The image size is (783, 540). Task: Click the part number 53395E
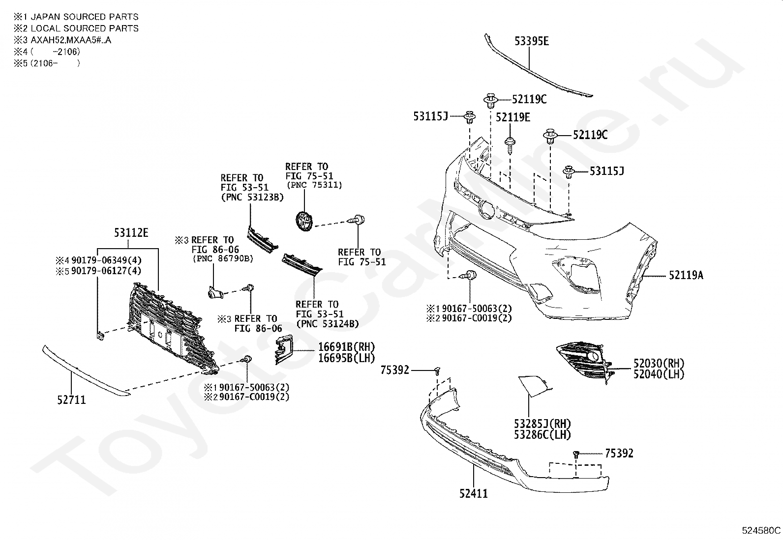(x=531, y=41)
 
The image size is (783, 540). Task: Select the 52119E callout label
(x=513, y=117)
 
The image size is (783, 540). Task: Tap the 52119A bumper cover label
(x=686, y=275)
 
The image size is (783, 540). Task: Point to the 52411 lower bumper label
(x=473, y=493)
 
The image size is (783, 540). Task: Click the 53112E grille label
(x=131, y=232)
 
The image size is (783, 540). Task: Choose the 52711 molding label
(x=71, y=400)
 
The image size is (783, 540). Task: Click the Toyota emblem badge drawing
(x=304, y=221)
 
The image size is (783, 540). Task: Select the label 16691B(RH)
(x=346, y=347)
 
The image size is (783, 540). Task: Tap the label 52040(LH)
(x=659, y=374)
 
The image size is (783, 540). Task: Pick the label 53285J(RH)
(x=542, y=424)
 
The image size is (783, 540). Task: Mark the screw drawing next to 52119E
(x=510, y=145)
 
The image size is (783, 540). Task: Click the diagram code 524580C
(x=761, y=531)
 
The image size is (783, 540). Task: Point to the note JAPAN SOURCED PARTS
(x=85, y=17)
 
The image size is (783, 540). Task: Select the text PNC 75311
(x=314, y=185)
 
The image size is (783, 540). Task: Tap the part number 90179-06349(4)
(x=106, y=260)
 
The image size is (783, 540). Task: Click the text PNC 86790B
(x=223, y=259)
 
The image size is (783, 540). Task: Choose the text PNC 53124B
(x=328, y=324)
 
